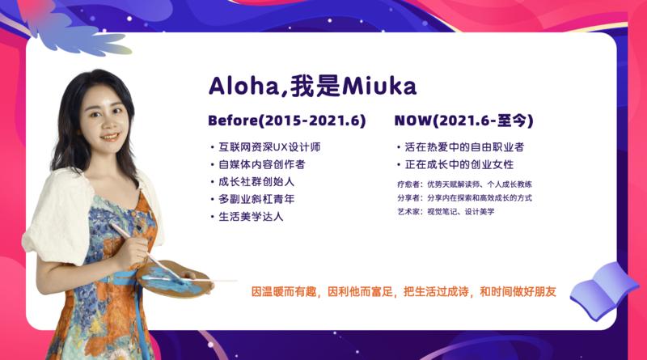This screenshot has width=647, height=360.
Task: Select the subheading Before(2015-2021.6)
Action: [287, 121]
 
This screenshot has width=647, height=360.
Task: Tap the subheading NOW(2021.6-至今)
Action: [463, 121]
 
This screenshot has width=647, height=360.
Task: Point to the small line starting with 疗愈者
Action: [464, 184]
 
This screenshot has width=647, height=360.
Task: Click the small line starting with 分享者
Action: [464, 197]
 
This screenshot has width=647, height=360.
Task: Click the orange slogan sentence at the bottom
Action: [404, 290]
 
